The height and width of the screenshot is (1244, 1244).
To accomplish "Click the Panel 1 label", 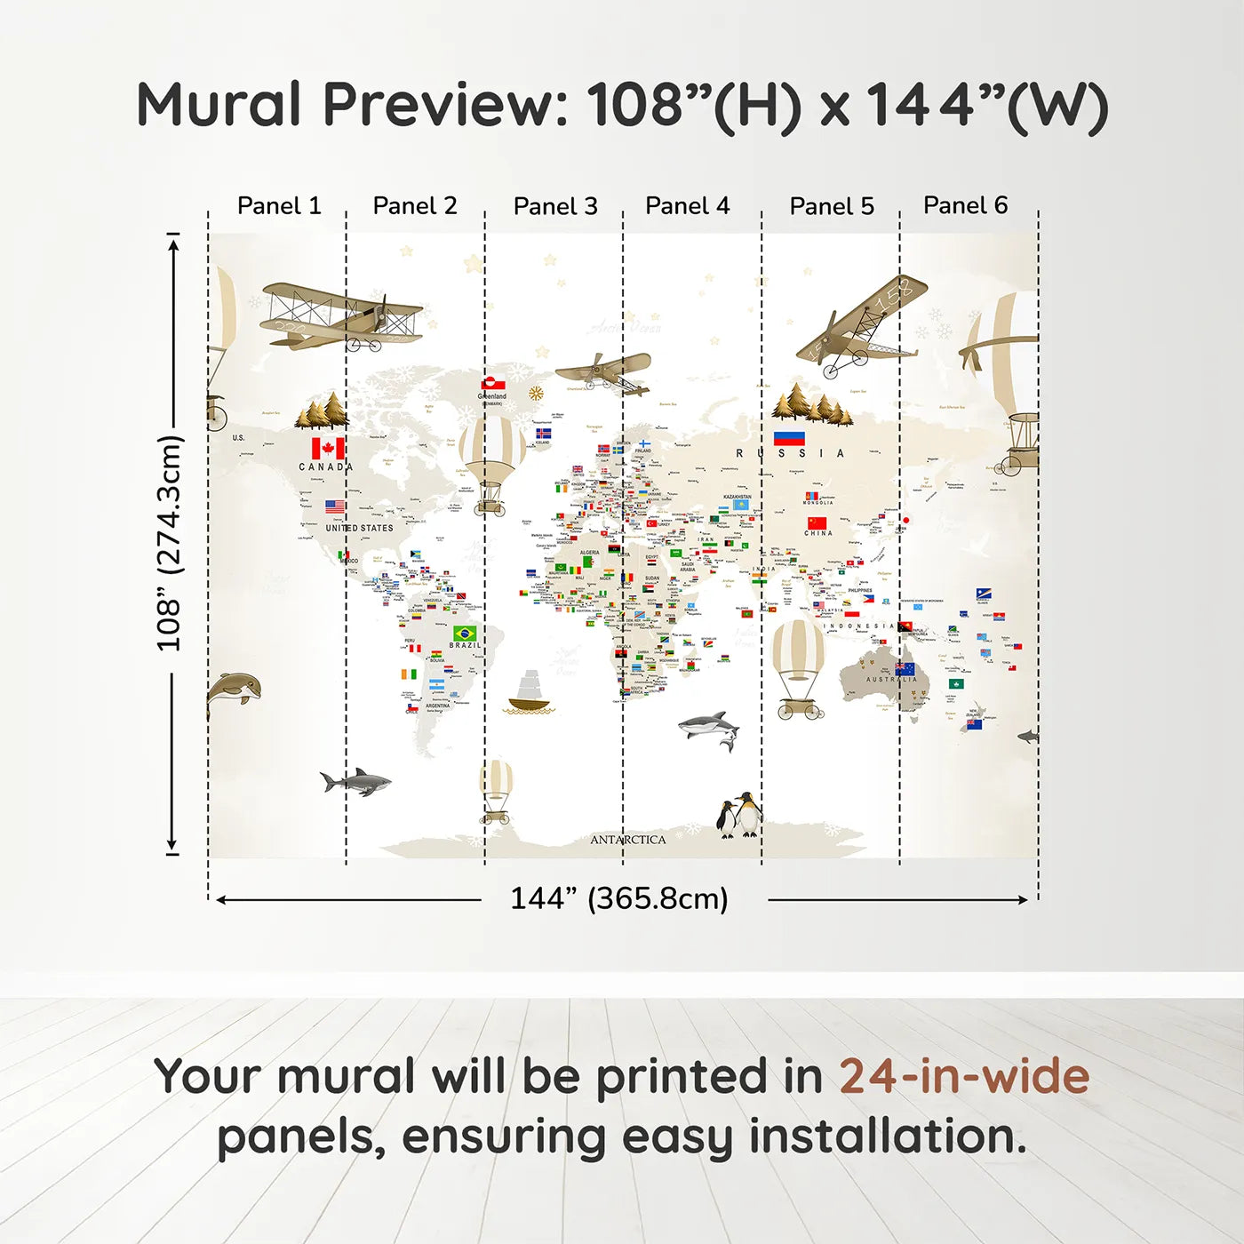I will tap(278, 206).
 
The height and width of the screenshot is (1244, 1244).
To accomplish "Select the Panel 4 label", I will tap(687, 206).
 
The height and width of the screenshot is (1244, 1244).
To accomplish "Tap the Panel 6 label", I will tap(965, 205).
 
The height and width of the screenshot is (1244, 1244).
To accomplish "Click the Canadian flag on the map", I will tap(328, 448).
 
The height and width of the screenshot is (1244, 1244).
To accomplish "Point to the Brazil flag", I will tap(465, 633).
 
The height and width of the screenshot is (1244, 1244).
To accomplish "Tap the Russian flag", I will tap(789, 438).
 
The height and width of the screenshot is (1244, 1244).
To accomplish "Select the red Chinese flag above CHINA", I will tap(817, 522).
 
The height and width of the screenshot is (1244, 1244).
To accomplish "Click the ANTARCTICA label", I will tap(627, 840).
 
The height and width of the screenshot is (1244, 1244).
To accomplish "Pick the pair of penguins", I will tap(740, 815).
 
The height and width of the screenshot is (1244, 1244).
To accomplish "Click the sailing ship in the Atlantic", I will tap(530, 693).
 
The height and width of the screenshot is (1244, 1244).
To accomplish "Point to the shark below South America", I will tap(355, 782).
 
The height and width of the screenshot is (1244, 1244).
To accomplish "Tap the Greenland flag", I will tap(493, 385).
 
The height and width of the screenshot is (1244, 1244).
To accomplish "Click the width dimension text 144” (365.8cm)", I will tap(618, 898).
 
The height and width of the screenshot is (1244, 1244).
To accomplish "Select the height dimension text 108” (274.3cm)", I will tap(169, 543).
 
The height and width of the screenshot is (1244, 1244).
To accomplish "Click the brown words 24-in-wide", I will tap(964, 1076).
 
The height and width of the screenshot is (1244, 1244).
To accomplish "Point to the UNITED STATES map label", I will tap(359, 528).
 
